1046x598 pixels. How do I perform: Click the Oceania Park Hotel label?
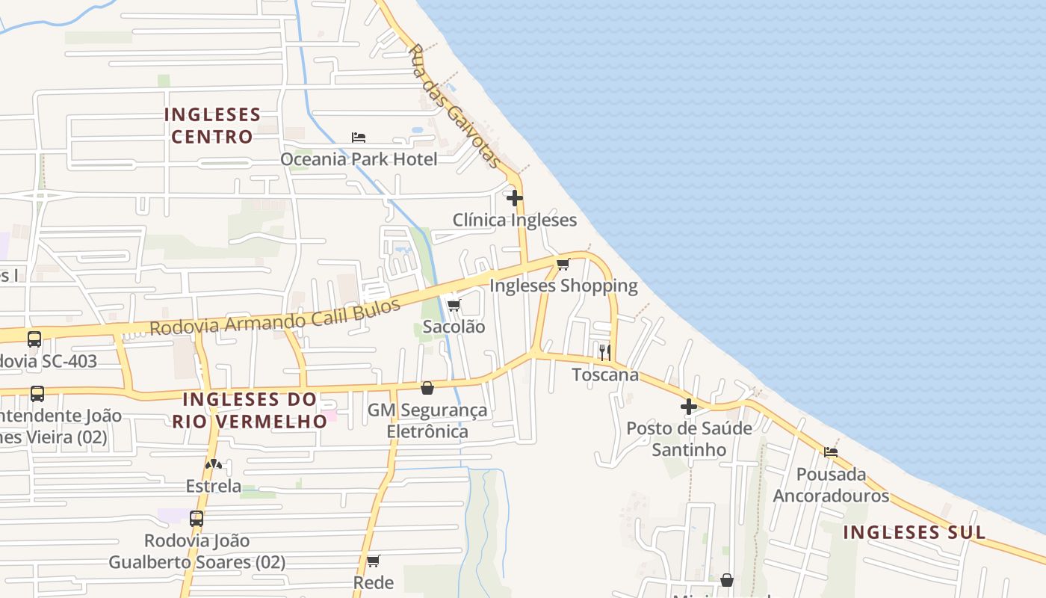pyautogui.click(x=359, y=159)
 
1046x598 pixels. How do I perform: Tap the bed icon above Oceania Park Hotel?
pyautogui.click(x=359, y=138)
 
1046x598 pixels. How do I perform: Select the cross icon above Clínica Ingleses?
pyautogui.click(x=515, y=198)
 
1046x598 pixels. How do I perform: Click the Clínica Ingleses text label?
pyautogui.click(x=515, y=220)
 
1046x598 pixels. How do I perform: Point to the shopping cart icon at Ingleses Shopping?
pyautogui.click(x=563, y=264)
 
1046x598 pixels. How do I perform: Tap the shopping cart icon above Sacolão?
pyautogui.click(x=454, y=305)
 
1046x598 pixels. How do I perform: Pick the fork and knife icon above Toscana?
pyautogui.click(x=604, y=352)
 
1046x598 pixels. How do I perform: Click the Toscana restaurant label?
pyautogui.click(x=605, y=374)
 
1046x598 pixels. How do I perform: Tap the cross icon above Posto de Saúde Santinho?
pyautogui.click(x=689, y=407)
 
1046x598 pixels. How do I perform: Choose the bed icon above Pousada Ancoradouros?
pyautogui.click(x=830, y=451)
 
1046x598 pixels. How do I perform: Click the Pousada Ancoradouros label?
pyautogui.click(x=831, y=484)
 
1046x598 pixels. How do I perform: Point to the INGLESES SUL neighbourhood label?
pyautogui.click(x=915, y=532)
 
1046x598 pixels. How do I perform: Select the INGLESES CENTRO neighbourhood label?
pyautogui.click(x=212, y=126)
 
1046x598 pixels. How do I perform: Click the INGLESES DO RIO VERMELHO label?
pyautogui.click(x=250, y=410)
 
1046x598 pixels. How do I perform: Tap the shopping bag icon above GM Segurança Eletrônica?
pyautogui.click(x=427, y=388)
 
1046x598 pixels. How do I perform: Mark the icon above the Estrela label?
pyautogui.click(x=214, y=464)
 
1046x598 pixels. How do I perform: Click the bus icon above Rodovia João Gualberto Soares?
pyautogui.click(x=196, y=518)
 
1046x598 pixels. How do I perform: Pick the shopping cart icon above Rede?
pyautogui.click(x=374, y=561)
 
